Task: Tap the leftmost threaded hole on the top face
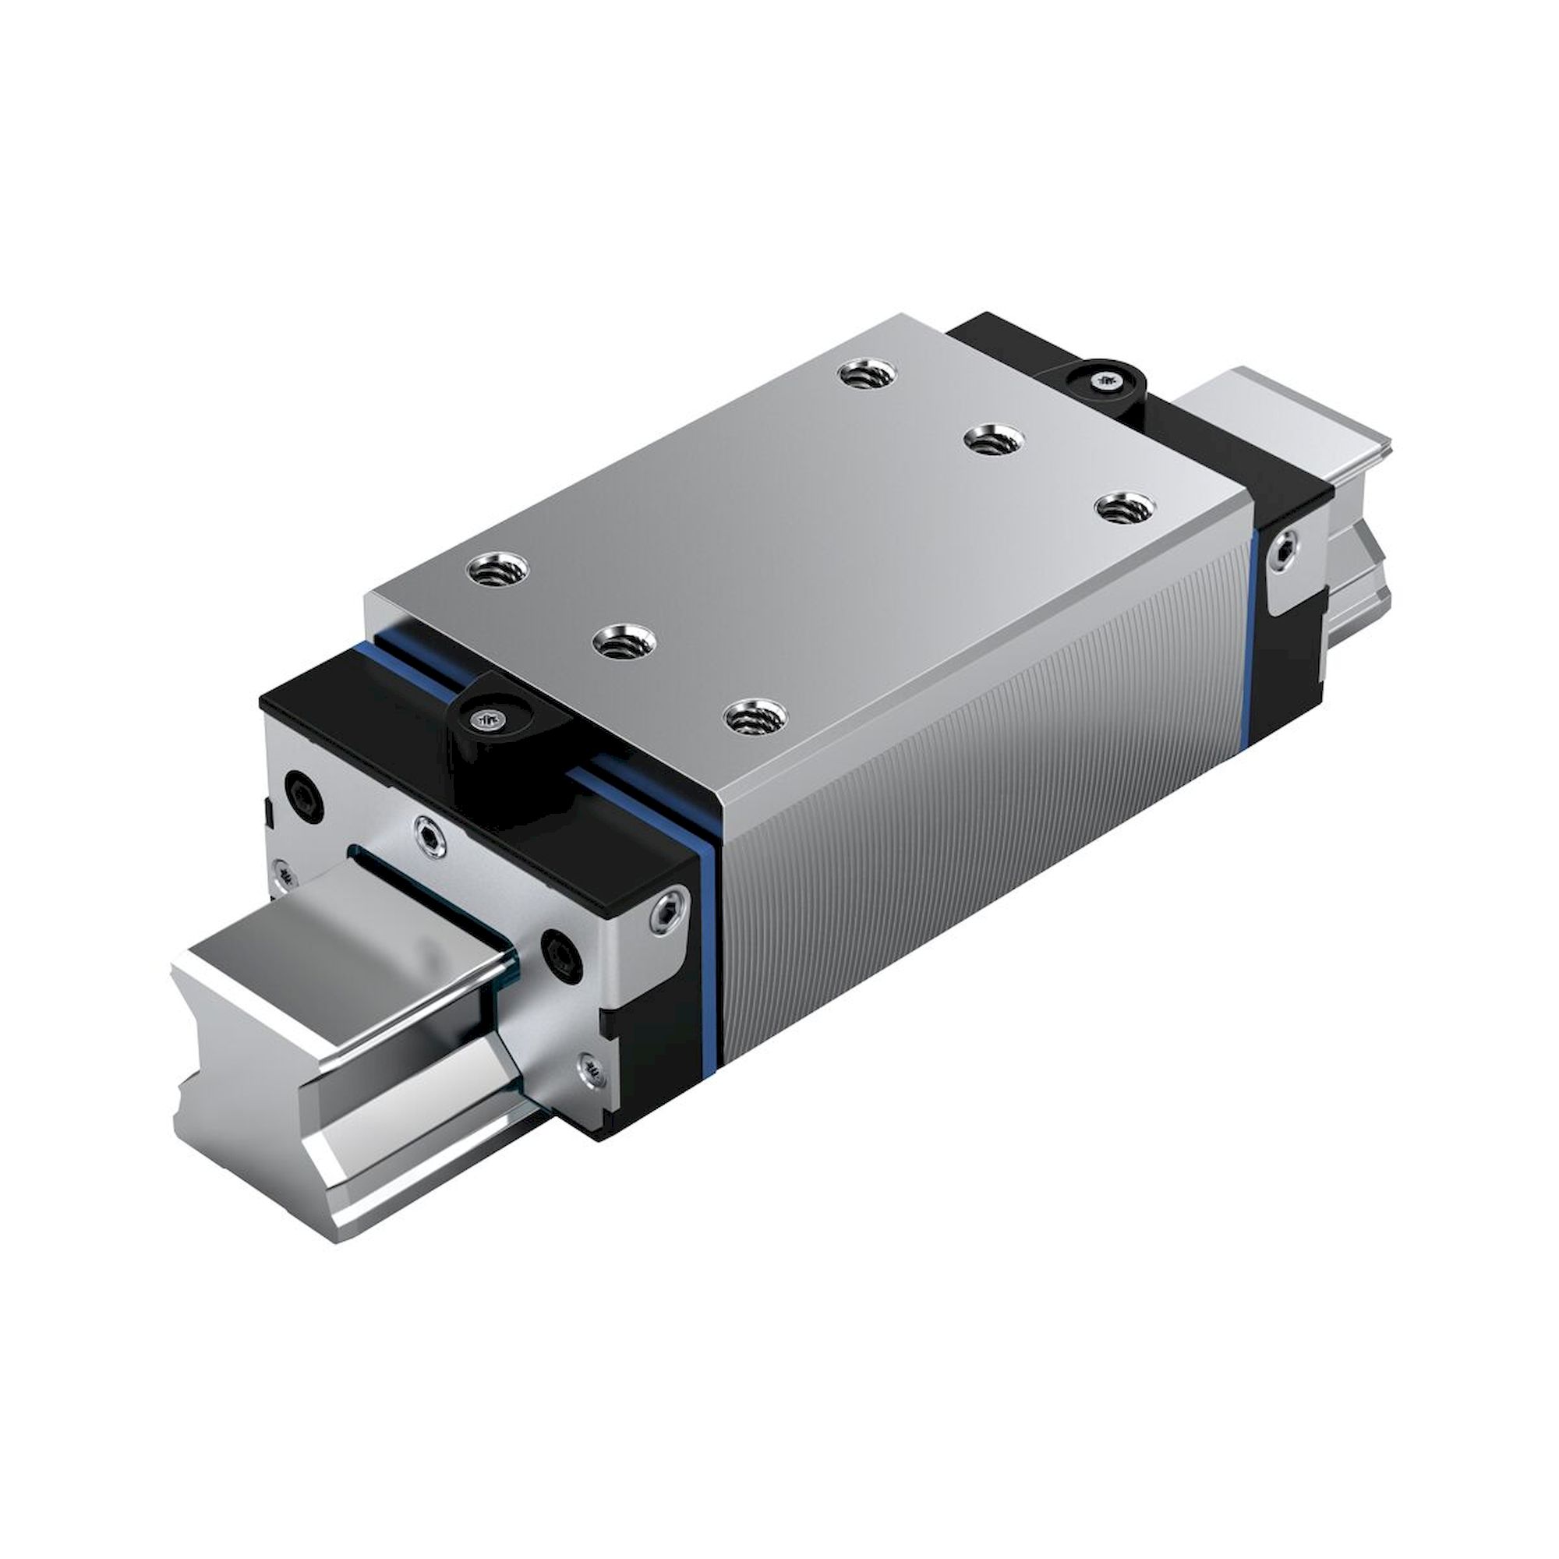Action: tap(498, 571)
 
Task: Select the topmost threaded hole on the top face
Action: tap(868, 373)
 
